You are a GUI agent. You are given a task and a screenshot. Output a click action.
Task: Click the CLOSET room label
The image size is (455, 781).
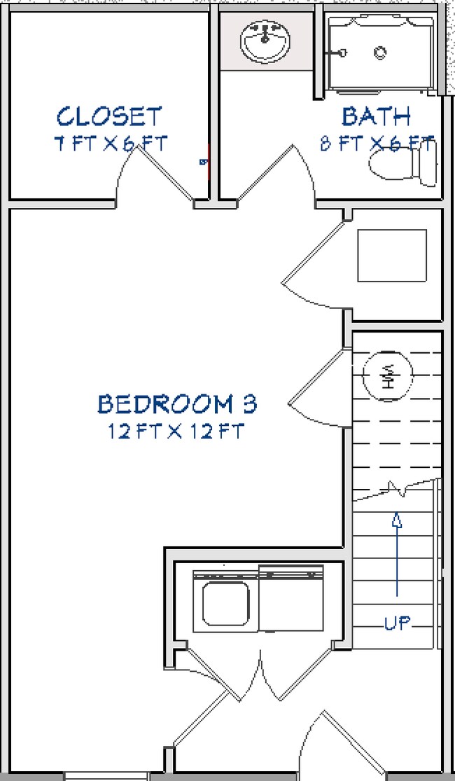[109, 116]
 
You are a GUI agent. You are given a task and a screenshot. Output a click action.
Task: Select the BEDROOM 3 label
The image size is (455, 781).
[177, 404]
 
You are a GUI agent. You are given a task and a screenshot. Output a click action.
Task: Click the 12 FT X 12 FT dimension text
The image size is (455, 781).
[176, 431]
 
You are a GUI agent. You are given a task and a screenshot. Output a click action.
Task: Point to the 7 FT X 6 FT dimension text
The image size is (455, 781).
[111, 144]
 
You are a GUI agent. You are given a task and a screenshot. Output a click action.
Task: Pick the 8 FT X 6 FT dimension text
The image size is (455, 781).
[376, 144]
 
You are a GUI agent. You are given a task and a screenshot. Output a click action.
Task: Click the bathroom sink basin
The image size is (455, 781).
[265, 41]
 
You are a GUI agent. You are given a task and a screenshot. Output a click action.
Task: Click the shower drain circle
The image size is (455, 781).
[381, 52]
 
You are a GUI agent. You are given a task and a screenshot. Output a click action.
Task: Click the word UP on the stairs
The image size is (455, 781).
[397, 623]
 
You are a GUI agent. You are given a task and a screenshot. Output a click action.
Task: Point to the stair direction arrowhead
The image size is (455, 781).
[397, 520]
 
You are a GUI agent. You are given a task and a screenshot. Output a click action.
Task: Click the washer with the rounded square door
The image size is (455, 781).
[225, 601]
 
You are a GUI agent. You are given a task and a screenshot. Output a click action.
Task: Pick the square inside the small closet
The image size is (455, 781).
[392, 255]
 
